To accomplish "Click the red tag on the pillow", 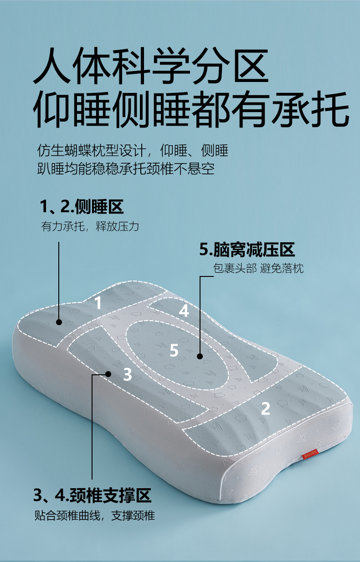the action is [310, 455].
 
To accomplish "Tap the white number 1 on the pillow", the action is [98, 302].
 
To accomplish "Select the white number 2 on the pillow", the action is [265, 409].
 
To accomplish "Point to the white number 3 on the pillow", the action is [128, 374].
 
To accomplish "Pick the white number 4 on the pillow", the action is [184, 311].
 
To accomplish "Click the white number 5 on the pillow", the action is [174, 350].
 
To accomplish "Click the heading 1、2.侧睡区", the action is [82, 206].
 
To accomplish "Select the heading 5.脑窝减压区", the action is [247, 250].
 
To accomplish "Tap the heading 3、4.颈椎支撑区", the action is [92, 495].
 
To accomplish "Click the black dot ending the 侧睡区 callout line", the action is [59, 322].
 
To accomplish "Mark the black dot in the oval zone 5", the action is [200, 356].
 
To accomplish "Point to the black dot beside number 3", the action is [108, 374].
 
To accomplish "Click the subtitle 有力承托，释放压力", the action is [90, 226].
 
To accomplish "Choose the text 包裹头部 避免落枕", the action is [258, 268].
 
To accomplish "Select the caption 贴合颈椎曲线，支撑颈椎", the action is [95, 516].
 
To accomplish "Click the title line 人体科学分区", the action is [151, 66].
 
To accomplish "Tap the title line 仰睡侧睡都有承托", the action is [191, 109].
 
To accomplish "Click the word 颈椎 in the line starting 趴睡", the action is [159, 169].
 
